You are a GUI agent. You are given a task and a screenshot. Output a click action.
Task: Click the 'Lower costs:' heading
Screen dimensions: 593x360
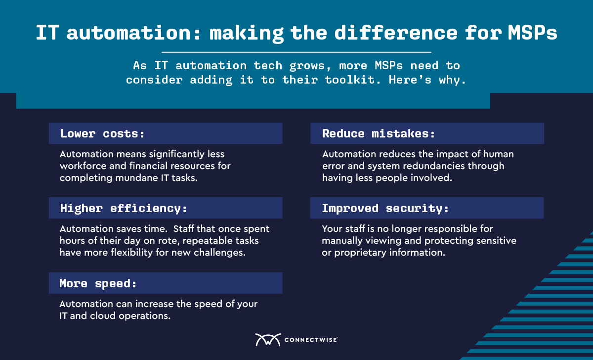tap(102, 134)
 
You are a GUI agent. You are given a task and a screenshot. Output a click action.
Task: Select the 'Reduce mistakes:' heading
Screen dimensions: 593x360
tap(379, 134)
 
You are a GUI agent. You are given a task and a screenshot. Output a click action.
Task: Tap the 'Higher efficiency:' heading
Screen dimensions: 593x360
tap(124, 209)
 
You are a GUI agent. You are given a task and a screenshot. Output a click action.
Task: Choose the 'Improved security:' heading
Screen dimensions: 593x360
tap(385, 209)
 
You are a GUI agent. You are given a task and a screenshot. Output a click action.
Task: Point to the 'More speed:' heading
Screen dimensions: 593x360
tap(98, 283)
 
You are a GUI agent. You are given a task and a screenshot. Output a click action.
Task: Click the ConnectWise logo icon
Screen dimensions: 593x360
tap(268, 340)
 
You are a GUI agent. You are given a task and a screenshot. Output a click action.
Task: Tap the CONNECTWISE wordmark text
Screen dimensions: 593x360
tap(311, 340)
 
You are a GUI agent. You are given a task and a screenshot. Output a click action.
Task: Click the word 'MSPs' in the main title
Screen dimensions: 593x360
tap(532, 33)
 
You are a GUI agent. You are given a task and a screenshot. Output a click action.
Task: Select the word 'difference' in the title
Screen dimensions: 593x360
tap(396, 33)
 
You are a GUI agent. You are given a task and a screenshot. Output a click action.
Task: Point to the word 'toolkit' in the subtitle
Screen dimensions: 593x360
tap(349, 80)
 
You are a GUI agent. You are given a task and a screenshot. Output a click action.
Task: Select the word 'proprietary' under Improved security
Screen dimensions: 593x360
tap(360, 253)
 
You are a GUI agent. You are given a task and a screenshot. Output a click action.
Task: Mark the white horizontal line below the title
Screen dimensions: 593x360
tap(296, 52)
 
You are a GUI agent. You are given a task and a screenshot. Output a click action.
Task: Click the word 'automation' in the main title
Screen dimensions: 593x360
tap(128, 33)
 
